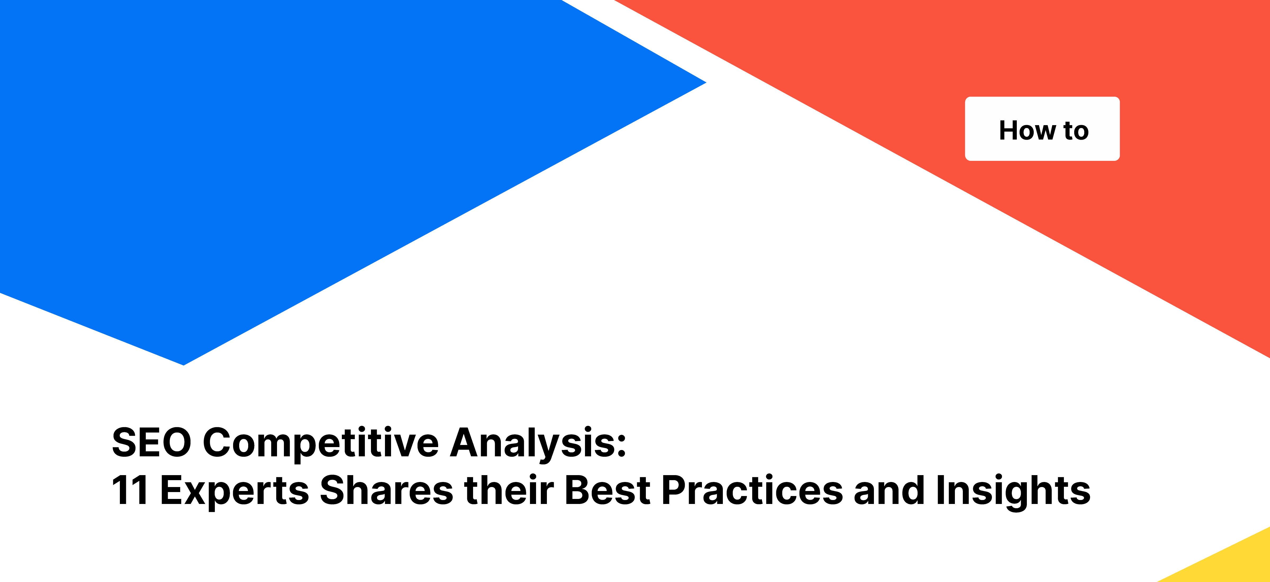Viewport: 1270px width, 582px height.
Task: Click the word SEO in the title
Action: (x=151, y=443)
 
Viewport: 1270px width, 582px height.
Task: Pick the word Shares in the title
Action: (x=386, y=490)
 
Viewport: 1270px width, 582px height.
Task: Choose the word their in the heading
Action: (x=509, y=490)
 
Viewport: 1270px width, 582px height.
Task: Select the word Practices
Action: (x=752, y=490)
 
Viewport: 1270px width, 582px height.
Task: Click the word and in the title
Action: (x=889, y=490)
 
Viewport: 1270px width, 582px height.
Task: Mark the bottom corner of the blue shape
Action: (x=184, y=364)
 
